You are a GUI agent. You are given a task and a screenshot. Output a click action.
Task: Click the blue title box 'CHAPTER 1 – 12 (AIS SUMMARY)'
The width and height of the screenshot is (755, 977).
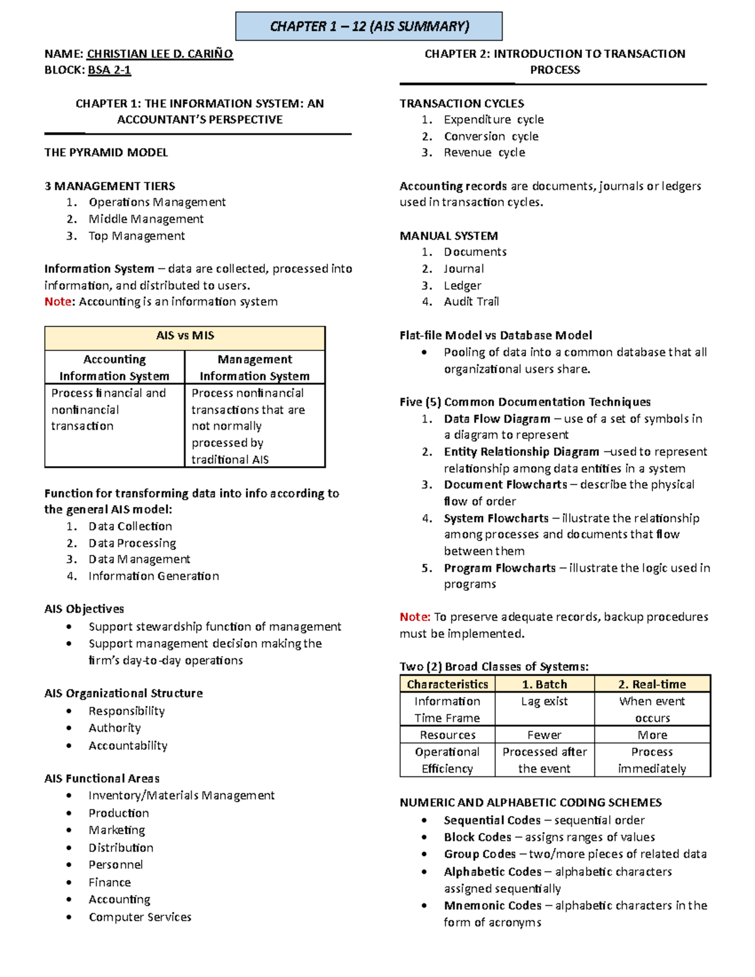tap(369, 26)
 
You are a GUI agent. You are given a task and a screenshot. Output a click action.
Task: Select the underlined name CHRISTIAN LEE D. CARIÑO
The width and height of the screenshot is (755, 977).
tap(160, 54)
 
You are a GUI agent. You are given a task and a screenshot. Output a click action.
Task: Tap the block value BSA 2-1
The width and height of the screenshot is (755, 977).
tap(109, 70)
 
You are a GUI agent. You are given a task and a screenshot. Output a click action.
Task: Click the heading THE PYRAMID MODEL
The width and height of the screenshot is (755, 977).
tap(106, 152)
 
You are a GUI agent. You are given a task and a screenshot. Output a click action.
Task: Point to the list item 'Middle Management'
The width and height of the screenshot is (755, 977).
tap(146, 219)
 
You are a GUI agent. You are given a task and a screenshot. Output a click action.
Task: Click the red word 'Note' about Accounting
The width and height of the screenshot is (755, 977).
tap(58, 301)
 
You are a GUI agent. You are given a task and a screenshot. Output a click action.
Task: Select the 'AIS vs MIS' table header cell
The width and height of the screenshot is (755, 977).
tap(185, 336)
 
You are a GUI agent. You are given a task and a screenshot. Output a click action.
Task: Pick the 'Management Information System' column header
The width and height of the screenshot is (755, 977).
tap(255, 367)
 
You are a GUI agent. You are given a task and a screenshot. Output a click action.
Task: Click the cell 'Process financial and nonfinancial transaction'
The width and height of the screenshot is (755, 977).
tap(108, 410)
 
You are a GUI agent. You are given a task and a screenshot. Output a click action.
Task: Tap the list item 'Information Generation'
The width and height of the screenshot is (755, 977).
tap(154, 576)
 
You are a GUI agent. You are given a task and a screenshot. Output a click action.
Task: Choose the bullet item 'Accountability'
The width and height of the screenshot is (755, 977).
tap(128, 745)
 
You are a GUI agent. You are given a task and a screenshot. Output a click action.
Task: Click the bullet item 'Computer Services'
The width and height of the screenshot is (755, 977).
tap(140, 917)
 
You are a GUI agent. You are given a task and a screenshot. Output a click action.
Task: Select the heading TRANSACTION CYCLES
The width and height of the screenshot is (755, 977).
tap(462, 103)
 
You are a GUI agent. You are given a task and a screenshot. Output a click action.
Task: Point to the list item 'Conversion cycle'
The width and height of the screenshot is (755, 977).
tap(491, 136)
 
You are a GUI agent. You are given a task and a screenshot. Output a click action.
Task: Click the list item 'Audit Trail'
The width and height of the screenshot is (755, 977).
tap(471, 301)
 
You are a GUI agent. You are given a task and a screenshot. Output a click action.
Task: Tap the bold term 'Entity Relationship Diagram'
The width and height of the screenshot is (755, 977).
tap(521, 452)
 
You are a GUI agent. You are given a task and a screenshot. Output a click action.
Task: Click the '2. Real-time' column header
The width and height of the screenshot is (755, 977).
tap(652, 684)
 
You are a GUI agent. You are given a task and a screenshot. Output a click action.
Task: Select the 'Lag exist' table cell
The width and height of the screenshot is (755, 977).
tap(544, 701)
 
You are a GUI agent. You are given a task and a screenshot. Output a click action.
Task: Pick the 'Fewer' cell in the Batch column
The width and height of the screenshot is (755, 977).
tap(544, 735)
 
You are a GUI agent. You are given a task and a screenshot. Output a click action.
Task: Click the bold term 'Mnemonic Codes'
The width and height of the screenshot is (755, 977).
tap(493, 905)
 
